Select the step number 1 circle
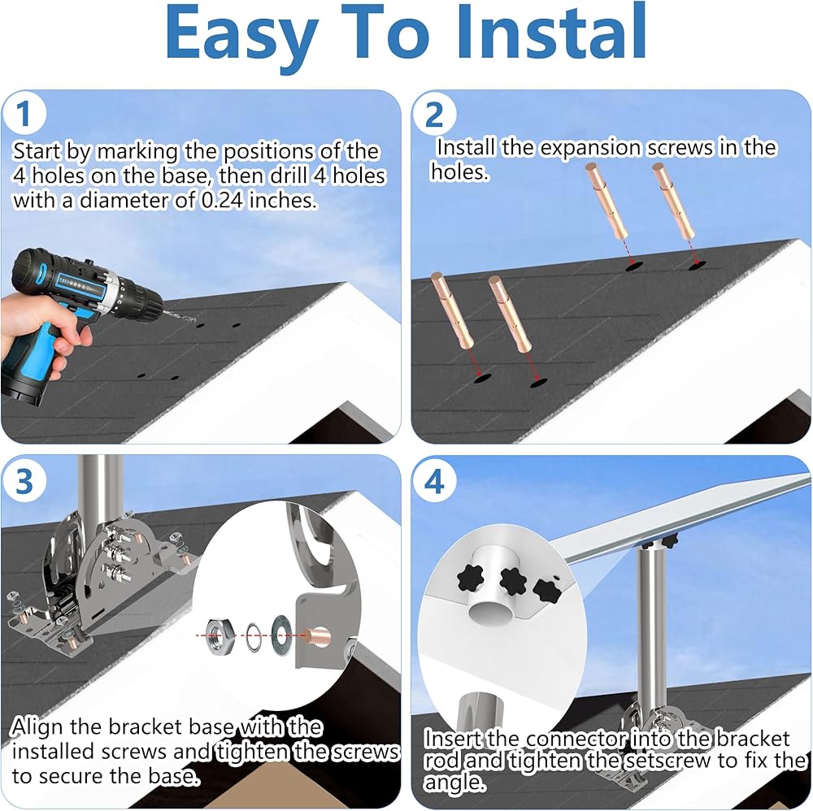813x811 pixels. [x=24, y=114]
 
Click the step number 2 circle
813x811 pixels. [x=434, y=115]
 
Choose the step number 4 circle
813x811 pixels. [x=434, y=482]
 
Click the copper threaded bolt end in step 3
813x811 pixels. [x=317, y=635]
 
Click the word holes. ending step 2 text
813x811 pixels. [x=459, y=172]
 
